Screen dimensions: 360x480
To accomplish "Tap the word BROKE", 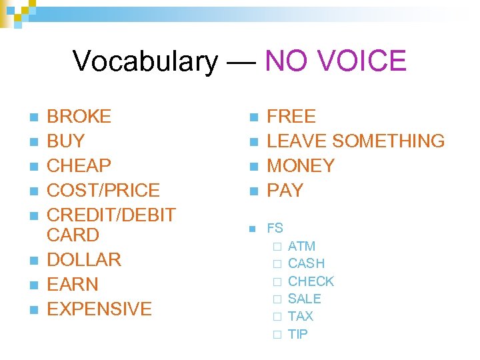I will coord(79,117).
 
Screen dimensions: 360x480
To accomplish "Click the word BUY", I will coord(66,141).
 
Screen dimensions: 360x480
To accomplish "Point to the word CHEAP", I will coord(79,166).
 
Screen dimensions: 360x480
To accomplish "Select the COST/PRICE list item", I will coord(103,191).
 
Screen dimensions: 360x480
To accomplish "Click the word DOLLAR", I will coord(84,260).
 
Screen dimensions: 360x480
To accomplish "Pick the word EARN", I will coord(73,285).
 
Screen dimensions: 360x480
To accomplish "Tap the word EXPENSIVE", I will coord(99,309).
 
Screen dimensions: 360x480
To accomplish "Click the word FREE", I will coord(291,117).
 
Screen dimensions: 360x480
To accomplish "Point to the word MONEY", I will coord(301,166).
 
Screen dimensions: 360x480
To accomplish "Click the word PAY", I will coord(285,191).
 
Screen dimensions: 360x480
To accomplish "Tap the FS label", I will coord(275,229).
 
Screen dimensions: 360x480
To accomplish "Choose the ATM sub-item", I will coord(301,247).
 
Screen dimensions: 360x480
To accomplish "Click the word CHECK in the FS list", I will coord(311,281).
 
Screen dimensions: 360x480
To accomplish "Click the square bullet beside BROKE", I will coord(35,118).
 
